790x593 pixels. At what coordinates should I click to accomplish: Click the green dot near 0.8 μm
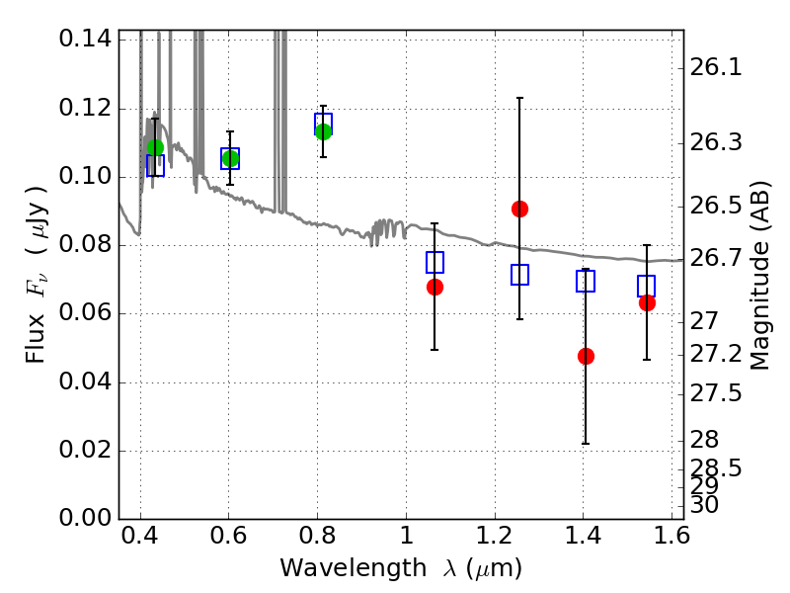323,132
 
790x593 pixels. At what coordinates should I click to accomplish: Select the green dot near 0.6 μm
230,159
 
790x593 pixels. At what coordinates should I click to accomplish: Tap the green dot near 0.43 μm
155,147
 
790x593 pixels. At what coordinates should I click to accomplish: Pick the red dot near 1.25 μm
519,209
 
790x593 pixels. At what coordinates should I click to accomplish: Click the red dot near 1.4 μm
586,357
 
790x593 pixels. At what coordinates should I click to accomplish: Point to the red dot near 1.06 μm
434,288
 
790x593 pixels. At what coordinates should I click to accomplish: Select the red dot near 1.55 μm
647,303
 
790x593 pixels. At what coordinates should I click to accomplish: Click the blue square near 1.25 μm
519,275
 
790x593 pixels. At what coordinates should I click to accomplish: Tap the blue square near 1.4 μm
586,281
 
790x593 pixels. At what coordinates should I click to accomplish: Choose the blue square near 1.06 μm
434,262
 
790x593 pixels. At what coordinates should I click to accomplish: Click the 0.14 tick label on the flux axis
85,39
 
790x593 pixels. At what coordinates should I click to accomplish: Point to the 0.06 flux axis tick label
85,313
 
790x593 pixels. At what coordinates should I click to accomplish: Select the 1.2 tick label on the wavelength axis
495,536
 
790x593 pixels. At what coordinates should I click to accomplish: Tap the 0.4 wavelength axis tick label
140,536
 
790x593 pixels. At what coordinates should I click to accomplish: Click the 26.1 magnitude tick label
716,67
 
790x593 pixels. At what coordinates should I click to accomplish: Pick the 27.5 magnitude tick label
716,393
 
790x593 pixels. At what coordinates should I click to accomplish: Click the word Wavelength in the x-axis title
354,568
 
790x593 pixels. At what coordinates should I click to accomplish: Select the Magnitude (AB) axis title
759,276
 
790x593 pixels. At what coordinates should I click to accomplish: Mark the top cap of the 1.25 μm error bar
519,98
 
